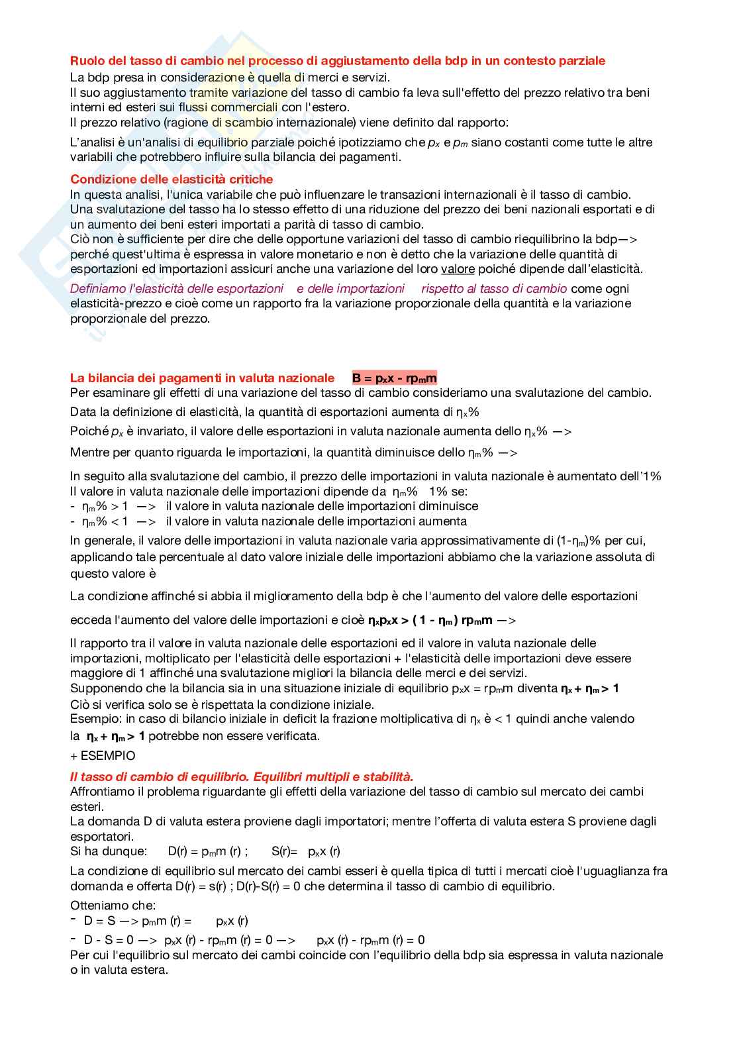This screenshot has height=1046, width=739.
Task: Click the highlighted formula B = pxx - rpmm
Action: (395, 378)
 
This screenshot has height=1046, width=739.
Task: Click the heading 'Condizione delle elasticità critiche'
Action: (172, 180)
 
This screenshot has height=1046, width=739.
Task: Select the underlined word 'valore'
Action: (458, 269)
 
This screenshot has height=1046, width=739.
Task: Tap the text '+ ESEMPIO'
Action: (103, 756)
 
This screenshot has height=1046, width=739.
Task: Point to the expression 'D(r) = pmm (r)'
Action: (207, 851)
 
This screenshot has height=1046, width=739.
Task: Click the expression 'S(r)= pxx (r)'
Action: (305, 851)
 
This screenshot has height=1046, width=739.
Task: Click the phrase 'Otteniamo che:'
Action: (113, 906)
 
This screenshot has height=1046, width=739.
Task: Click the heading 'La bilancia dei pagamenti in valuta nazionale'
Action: (202, 378)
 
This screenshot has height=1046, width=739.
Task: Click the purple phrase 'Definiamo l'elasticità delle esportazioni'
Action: (177, 289)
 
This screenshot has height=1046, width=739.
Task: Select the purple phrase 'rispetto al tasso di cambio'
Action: (494, 289)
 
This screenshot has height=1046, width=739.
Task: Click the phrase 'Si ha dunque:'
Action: (108, 851)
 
